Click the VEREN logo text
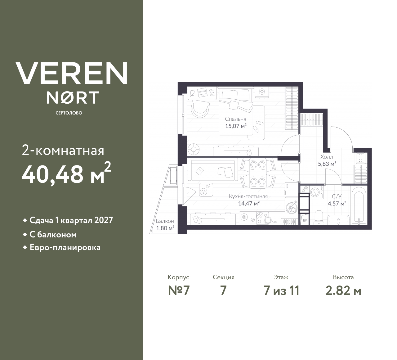coord(71,73)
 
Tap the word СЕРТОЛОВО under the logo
coord(69,113)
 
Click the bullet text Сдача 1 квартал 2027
coord(71,220)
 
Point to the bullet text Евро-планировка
coord(65,248)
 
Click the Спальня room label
coord(235,119)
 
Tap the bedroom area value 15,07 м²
coord(236,126)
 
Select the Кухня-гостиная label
coord(248,196)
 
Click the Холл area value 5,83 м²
coord(327,164)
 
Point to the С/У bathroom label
coord(337,196)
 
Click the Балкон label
coord(165,221)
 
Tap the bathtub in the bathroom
coord(359,206)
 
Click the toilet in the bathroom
coord(318,216)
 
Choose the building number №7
coord(178,291)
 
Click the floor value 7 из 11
coord(281,291)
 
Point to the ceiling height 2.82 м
coord(343,291)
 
